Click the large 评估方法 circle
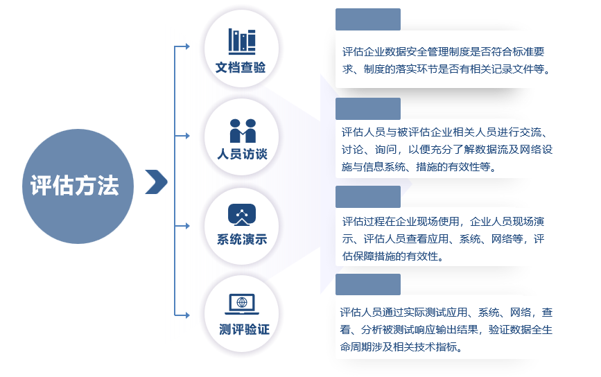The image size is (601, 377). pos(78,186)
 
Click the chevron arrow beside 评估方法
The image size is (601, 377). pos(157,182)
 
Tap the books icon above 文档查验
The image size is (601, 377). pos(242,42)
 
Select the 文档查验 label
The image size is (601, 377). pos(241,67)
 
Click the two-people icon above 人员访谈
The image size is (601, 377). pos(243,131)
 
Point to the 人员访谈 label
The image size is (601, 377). pos(242,154)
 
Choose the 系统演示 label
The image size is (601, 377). pos(242,240)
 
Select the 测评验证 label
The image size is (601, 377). pos(244,329)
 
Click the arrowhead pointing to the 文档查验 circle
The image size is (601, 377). pos(187,46)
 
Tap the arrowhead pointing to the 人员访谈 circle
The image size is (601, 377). pos(187,136)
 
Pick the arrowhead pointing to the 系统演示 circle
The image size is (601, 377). pos(187,226)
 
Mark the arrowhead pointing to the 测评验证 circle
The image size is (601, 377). pos(187,315)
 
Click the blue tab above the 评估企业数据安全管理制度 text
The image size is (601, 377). pos(368,19)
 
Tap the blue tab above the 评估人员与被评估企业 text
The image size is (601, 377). pos(368,109)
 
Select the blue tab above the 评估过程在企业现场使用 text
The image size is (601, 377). pos(368,197)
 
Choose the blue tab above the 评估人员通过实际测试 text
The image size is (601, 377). pos(368,284)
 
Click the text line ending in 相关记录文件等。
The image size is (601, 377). pos(446,69)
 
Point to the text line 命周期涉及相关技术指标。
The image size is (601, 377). pos(401,347)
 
